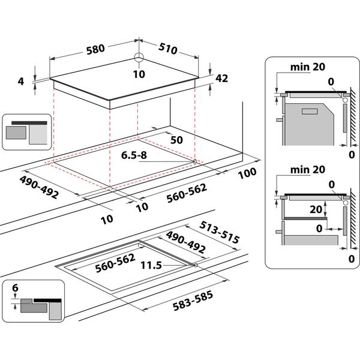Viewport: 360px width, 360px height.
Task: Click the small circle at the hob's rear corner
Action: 140,58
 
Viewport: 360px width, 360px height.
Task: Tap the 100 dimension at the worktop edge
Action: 247,172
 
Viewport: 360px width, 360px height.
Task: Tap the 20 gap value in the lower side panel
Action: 317,209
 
